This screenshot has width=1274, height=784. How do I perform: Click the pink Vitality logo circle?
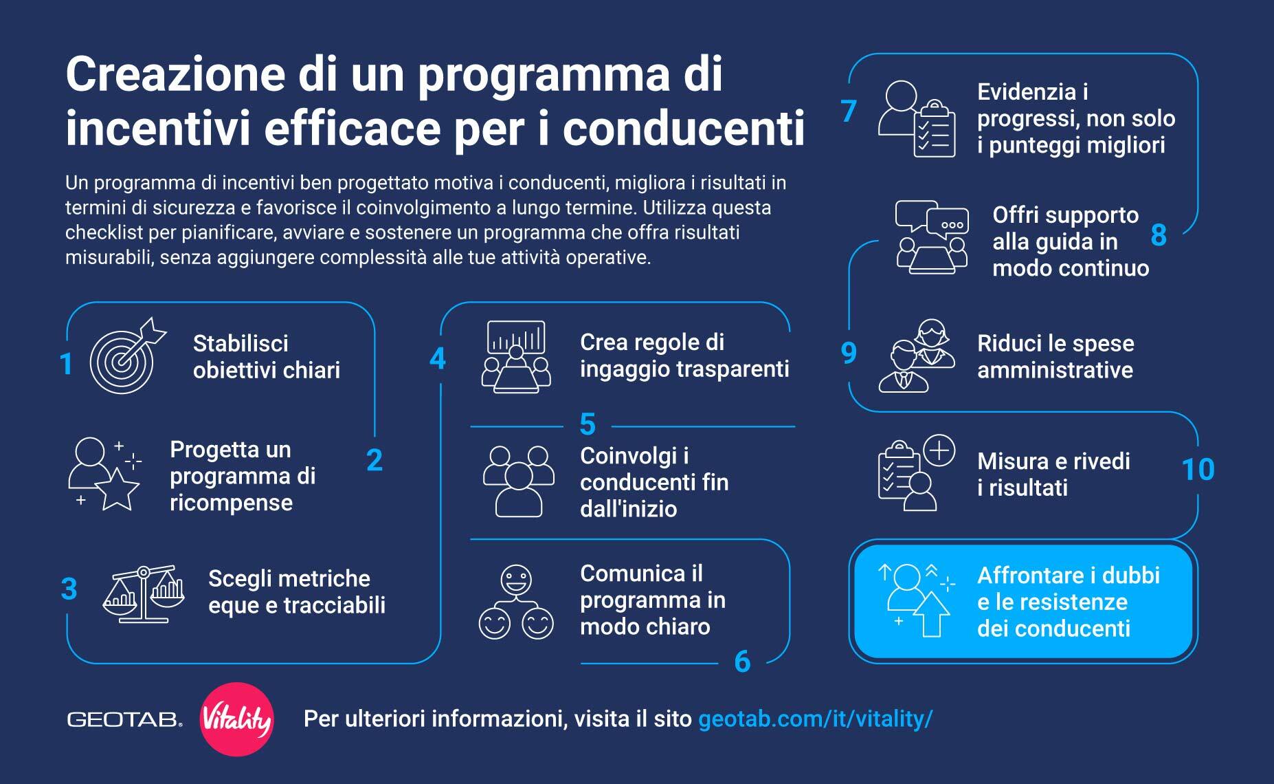(x=236, y=719)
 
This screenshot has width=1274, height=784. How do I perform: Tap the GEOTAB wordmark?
(x=124, y=720)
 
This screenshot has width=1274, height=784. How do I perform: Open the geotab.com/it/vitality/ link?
(x=815, y=719)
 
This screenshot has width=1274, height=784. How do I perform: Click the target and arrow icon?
(x=128, y=356)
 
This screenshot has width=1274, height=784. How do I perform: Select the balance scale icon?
(x=144, y=594)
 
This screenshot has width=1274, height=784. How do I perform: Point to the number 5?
(x=587, y=424)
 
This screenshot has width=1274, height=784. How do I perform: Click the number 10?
(x=1197, y=470)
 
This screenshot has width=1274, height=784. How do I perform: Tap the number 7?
(x=849, y=111)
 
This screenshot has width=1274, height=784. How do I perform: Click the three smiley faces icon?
(x=516, y=602)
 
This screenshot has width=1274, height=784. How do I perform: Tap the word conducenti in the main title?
(x=684, y=128)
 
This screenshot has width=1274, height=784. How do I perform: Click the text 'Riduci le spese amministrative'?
(x=1055, y=356)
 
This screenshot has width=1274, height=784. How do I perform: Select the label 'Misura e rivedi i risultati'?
(x=1053, y=474)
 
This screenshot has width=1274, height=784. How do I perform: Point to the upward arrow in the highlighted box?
(x=932, y=614)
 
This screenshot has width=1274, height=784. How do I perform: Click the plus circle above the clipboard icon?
(x=939, y=451)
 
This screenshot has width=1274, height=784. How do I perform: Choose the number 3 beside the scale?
(x=69, y=589)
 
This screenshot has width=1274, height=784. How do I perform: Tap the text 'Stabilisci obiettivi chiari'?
(x=266, y=356)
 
